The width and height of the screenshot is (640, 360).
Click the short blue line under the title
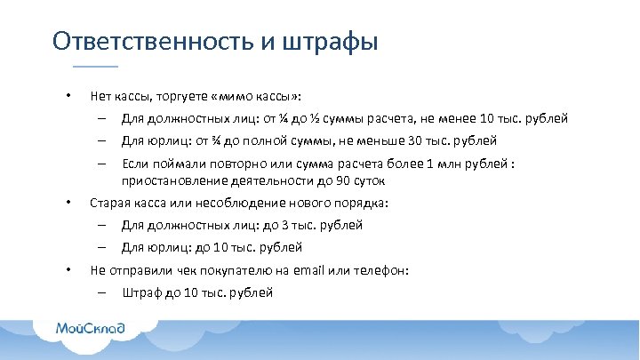pyautogui.click(x=94, y=67)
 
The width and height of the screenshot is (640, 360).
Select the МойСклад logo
pyautogui.click(x=91, y=329)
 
